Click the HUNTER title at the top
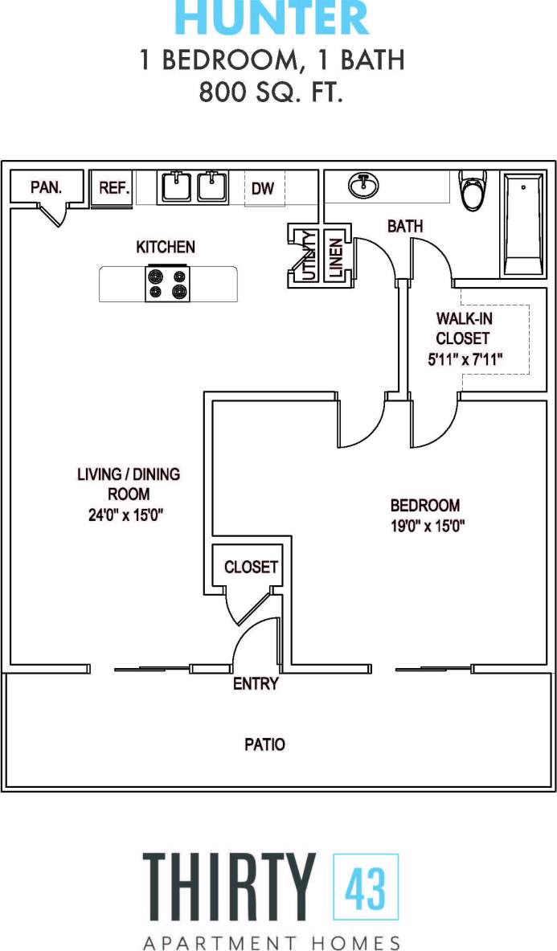(272, 18)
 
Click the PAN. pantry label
(46, 187)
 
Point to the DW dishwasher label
(263, 189)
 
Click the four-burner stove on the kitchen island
(167, 284)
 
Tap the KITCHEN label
(166, 247)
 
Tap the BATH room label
(405, 227)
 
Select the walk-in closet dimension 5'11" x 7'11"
(465, 360)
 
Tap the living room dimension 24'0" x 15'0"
(126, 515)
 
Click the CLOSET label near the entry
(251, 567)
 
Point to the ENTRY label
(256, 684)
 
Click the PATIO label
(264, 744)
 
